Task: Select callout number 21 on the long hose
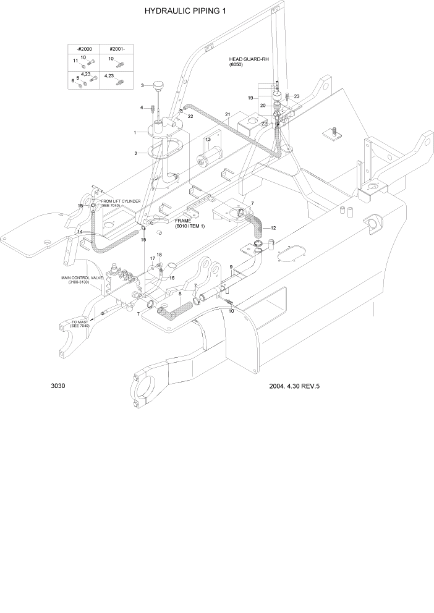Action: click(228, 115)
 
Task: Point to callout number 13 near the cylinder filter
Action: click(208, 140)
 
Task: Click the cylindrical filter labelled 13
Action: click(205, 159)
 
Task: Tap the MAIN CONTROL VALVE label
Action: click(80, 281)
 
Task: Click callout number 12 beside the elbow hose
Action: click(273, 228)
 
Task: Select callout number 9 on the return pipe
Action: click(231, 267)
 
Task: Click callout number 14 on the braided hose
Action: click(80, 232)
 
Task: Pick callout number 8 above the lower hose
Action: click(180, 294)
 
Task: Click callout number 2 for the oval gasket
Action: click(135, 153)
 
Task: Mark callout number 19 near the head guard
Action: click(251, 98)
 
